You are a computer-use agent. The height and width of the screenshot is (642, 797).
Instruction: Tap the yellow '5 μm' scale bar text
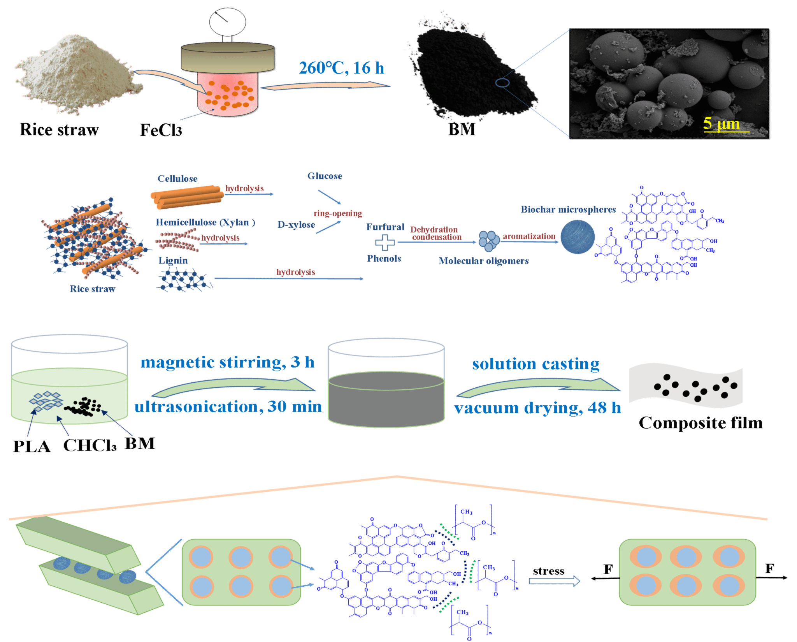tap(721, 124)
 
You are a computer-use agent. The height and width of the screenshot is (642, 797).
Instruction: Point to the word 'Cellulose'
tap(177, 179)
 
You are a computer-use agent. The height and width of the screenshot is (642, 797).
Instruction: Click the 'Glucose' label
tap(325, 176)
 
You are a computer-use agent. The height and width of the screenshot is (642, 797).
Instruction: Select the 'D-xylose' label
tap(296, 225)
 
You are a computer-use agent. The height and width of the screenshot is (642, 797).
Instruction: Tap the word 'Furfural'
tap(385, 227)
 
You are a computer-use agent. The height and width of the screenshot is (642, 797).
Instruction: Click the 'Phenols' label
tap(384, 259)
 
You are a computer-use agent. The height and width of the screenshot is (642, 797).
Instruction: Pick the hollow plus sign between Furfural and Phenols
tap(384, 243)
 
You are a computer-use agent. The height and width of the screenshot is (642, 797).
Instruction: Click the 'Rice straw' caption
tap(92, 289)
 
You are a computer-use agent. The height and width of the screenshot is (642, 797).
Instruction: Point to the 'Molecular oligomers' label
tap(483, 261)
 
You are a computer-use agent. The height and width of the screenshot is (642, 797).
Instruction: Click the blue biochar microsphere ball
tap(578, 237)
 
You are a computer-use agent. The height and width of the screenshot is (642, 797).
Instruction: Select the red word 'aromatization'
tap(528, 236)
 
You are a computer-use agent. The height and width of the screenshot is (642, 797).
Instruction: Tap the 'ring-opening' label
tap(337, 213)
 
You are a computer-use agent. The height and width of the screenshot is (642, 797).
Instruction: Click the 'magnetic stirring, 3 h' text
tap(227, 362)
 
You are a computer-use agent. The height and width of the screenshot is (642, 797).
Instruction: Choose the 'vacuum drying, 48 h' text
tap(537, 408)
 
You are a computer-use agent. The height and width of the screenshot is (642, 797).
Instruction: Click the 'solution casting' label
tap(535, 364)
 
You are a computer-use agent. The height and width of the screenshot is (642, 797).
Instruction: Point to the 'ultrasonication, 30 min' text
tap(228, 407)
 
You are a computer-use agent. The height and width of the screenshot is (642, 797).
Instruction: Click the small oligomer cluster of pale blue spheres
tap(489, 240)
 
